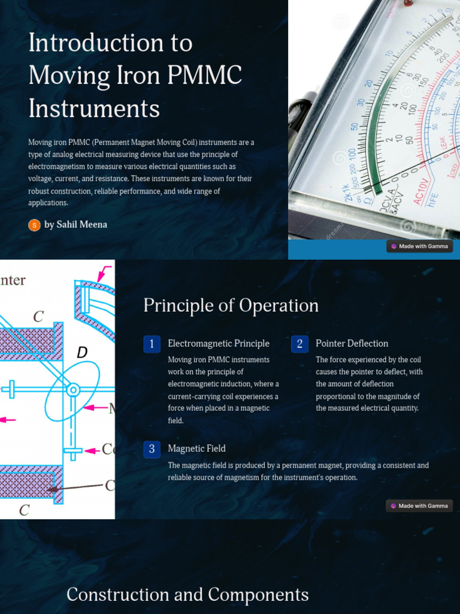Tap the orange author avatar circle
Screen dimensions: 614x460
pyautogui.click(x=34, y=225)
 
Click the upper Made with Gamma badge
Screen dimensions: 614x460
pyautogui.click(x=419, y=246)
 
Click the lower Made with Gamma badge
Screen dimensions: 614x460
pyautogui.click(x=419, y=506)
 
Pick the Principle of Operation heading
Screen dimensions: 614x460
pyautogui.click(x=231, y=306)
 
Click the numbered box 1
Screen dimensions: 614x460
pyautogui.click(x=152, y=344)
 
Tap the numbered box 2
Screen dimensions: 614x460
pyautogui.click(x=299, y=344)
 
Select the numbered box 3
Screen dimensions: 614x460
pyautogui.click(x=152, y=449)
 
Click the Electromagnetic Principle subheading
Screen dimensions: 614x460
pyautogui.click(x=219, y=344)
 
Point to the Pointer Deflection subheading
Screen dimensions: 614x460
pyautogui.click(x=352, y=344)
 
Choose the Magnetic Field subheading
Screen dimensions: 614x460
pyautogui.click(x=196, y=449)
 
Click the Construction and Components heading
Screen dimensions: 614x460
pyautogui.click(x=187, y=595)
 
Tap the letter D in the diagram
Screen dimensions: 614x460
pyautogui.click(x=83, y=353)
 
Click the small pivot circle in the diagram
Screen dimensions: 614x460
pyautogui.click(x=73, y=390)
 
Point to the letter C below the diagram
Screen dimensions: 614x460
pyautogui.click(x=24, y=510)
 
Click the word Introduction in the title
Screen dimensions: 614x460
pyautogui.click(x=111, y=43)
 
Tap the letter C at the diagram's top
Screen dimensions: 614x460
pyautogui.click(x=38, y=317)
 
